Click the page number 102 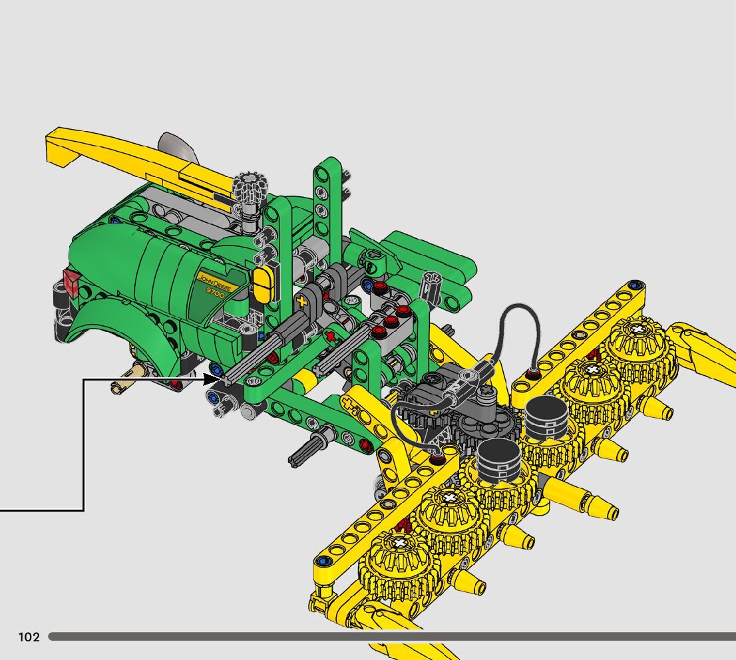point(29,637)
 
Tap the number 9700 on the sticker point(216,293)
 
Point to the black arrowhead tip point(221,379)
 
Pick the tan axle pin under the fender point(130,379)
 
